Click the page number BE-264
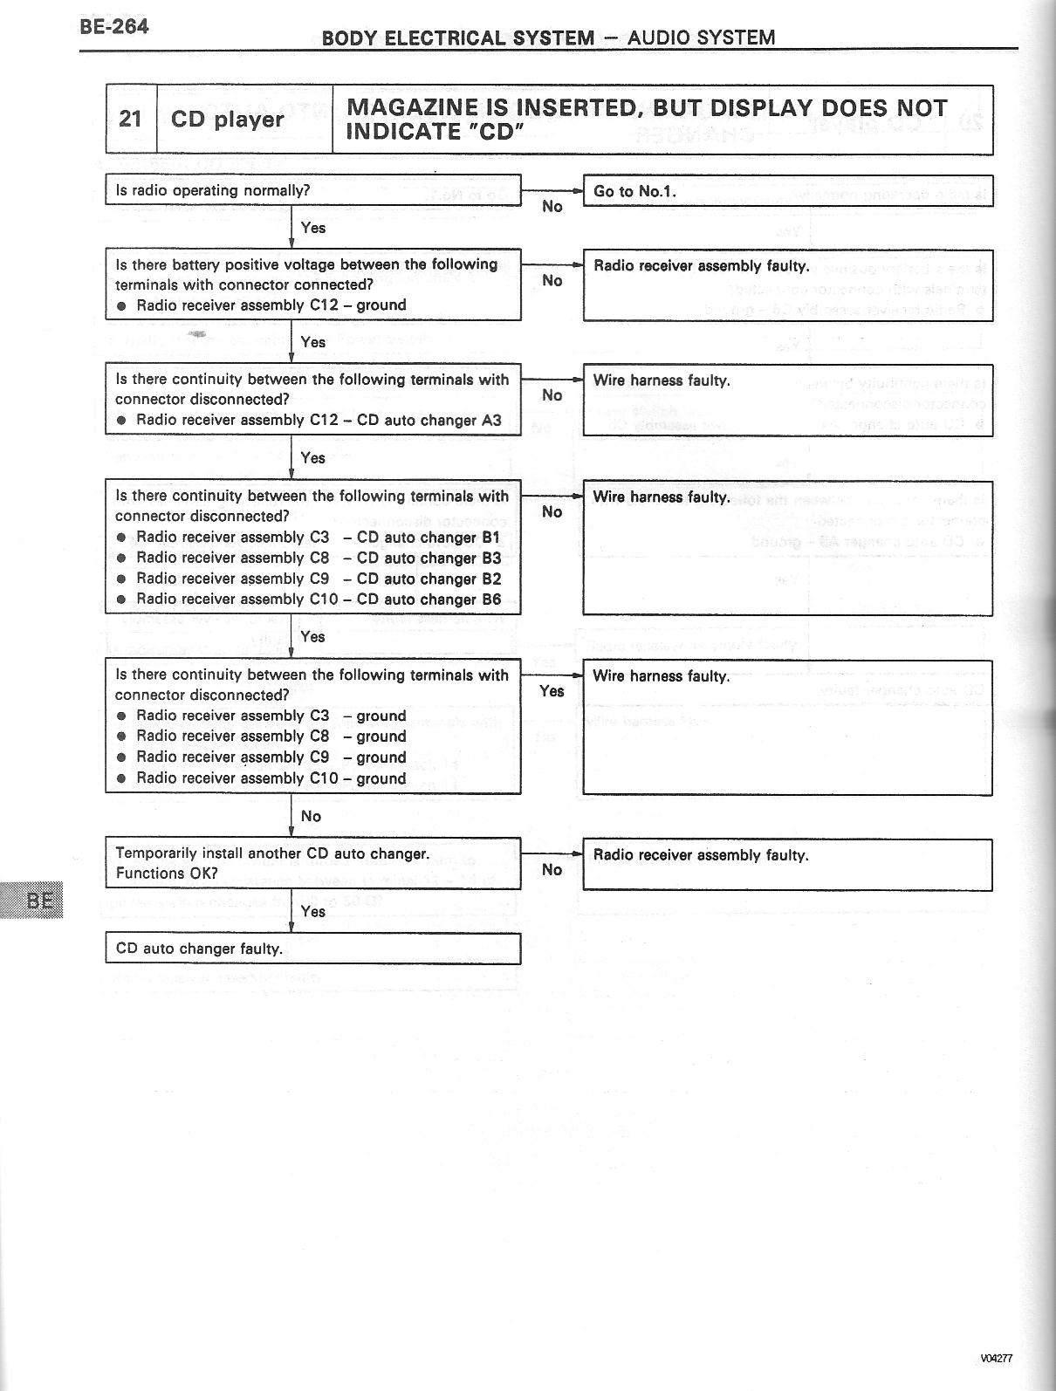(113, 26)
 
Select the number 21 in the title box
(131, 119)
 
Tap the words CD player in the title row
(227, 119)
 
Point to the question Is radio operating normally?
(212, 190)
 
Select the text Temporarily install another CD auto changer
(272, 853)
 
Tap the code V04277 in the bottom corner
(996, 1358)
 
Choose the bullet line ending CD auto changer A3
(319, 420)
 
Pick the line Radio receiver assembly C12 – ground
(271, 305)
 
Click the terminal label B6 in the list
(491, 600)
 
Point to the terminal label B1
(491, 538)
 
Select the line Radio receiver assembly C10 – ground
(271, 778)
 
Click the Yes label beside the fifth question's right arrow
(552, 691)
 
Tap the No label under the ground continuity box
(311, 816)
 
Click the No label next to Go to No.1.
(552, 207)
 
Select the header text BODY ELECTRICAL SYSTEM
(457, 38)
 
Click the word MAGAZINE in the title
(412, 108)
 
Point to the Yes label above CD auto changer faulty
(312, 911)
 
